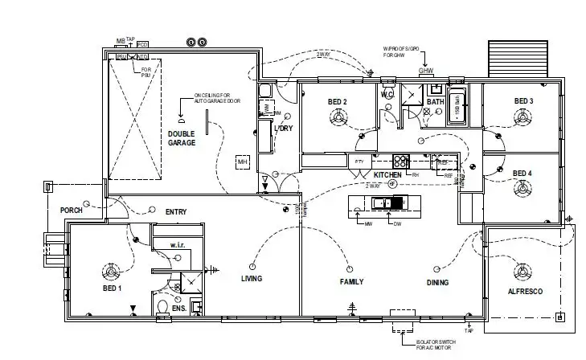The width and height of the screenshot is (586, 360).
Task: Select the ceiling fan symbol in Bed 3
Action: pos(524,118)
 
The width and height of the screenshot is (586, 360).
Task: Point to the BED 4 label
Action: pos(522,174)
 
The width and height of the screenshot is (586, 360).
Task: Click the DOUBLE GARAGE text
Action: pos(182,137)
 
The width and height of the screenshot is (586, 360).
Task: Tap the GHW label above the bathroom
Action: pos(426,71)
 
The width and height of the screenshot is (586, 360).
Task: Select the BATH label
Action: pos(435,102)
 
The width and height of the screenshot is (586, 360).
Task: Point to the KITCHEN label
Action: pos(387,174)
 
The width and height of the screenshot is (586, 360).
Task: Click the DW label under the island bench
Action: pos(395,224)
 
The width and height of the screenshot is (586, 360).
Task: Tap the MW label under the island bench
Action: pos(369,224)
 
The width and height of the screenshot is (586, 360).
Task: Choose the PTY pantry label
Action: pos(359,162)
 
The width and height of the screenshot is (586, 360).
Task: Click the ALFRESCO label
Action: pos(526,291)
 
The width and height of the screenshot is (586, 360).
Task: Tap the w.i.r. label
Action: pos(178,244)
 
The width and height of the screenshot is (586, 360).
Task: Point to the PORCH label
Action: pos(72,211)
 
